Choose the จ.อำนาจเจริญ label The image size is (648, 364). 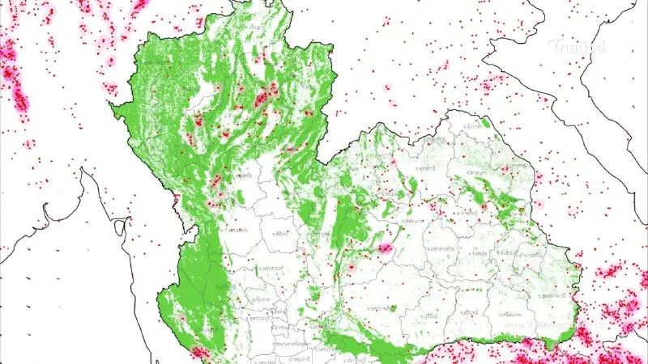pos(531,255)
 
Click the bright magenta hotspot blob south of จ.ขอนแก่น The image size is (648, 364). pos(386,248)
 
